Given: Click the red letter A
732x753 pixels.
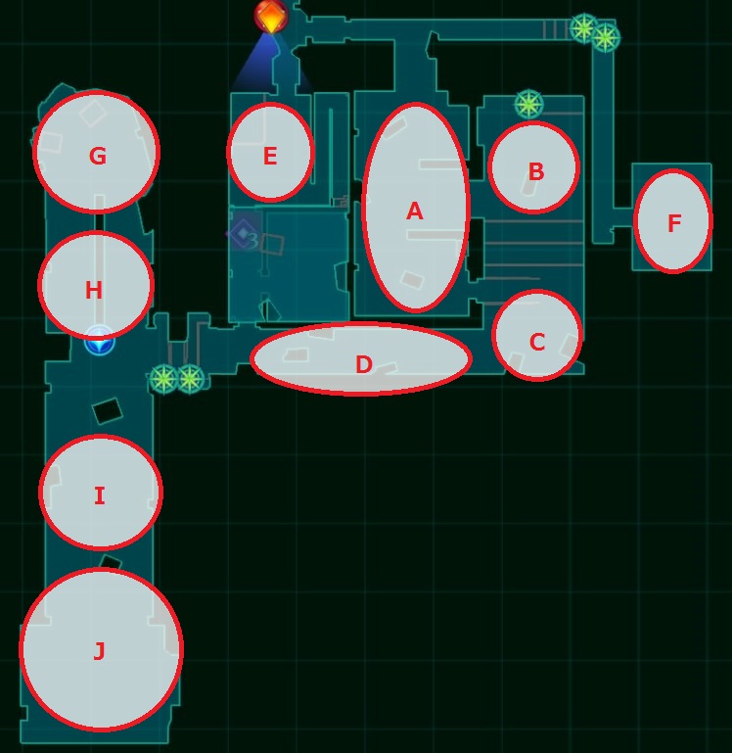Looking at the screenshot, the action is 415,212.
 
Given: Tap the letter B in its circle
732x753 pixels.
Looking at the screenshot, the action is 535,171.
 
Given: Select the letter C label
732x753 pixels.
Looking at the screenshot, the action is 537,342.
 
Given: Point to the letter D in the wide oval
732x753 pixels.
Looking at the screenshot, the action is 364,364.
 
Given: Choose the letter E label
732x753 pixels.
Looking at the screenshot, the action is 270,156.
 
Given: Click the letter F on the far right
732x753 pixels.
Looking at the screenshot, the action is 674,223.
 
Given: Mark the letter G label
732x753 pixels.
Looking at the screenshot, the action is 98,156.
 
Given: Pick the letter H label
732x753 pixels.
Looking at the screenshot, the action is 94,290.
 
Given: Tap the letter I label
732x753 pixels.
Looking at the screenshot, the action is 100,495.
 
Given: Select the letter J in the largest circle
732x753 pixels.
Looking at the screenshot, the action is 99,651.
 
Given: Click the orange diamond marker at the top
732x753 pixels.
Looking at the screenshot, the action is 271,17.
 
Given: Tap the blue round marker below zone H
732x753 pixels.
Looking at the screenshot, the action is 100,342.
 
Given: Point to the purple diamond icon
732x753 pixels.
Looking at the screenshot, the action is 244,233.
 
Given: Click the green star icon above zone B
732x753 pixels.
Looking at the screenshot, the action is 528,104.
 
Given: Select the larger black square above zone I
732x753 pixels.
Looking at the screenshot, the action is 108,411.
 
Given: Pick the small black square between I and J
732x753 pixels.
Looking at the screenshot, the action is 110,563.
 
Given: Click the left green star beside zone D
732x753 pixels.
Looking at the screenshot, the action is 163,379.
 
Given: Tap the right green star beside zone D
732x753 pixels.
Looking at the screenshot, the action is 191,379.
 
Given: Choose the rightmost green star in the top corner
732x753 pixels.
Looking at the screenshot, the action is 606,38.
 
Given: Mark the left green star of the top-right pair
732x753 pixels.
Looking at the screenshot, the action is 583,28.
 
